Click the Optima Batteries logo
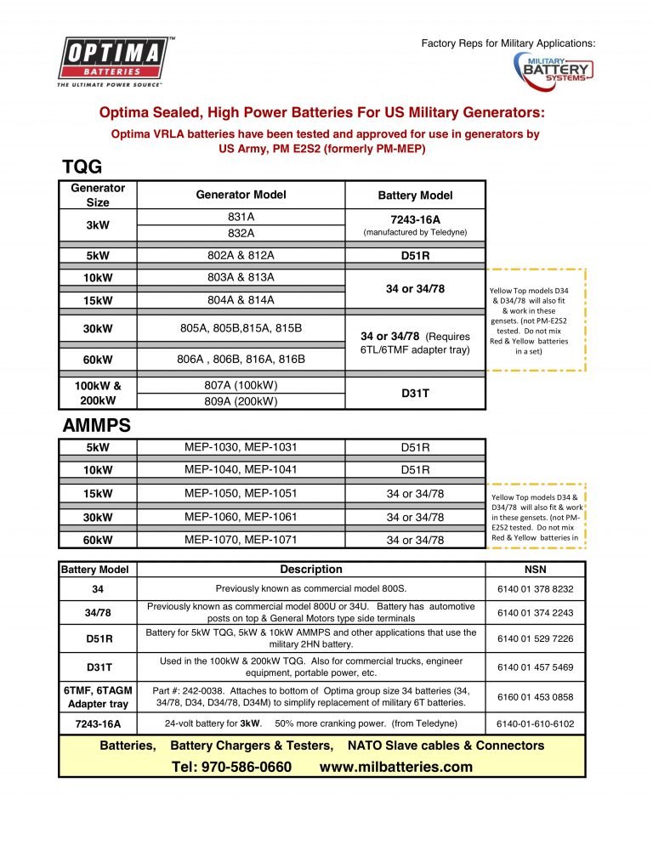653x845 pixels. pos(111,61)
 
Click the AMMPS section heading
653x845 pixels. pos(96,425)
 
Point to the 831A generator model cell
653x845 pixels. pos(241,216)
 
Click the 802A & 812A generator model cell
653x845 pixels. pos(241,255)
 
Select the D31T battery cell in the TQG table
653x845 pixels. pos(415,393)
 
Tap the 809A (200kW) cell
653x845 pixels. pos(241,401)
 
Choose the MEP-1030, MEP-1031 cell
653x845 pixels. pos(241,447)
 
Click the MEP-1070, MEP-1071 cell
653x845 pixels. pos(241,539)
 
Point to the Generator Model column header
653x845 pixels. pos(241,195)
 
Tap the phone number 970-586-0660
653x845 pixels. pos(231,767)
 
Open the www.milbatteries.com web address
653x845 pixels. pos(395,767)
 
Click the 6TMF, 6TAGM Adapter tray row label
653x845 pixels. pos(97,696)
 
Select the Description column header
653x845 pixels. pos(311,570)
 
